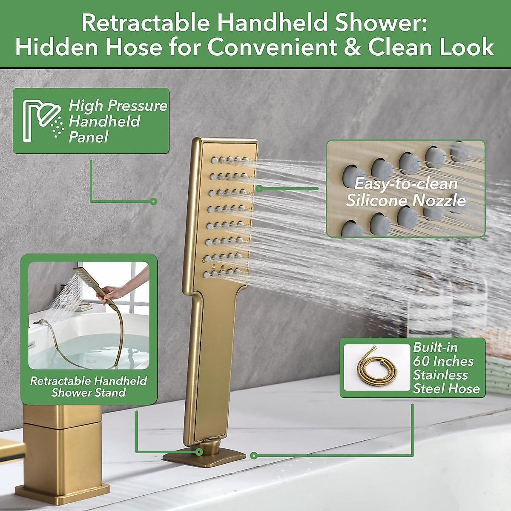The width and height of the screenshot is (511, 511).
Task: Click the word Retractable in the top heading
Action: tap(145, 23)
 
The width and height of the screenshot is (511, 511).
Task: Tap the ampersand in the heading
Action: tap(353, 47)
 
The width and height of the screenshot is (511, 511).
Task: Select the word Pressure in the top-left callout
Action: tap(138, 106)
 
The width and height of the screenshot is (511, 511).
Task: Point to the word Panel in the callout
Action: tap(88, 138)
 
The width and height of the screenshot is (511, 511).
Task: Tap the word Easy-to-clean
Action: tap(406, 184)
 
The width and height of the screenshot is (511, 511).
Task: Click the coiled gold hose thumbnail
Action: tap(376, 367)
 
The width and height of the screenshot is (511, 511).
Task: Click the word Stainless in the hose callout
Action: tap(440, 375)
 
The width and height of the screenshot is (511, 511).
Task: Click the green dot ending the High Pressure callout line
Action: tap(154, 201)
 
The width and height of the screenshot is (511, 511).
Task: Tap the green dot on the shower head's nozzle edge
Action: tap(260, 189)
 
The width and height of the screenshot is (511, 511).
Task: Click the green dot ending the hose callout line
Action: tap(254, 456)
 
